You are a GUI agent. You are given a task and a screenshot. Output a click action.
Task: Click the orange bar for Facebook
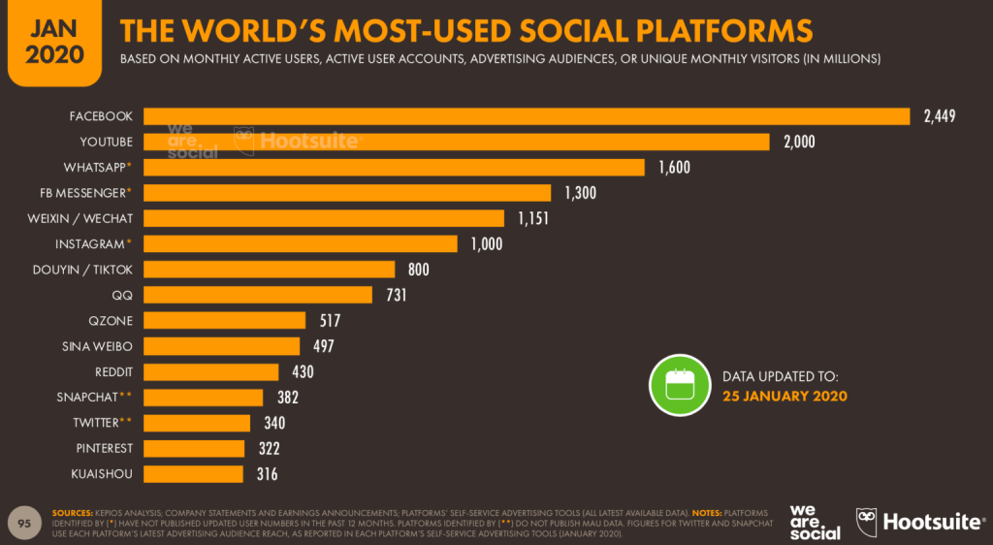pos(527,116)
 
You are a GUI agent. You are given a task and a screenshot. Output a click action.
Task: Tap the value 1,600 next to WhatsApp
pos(674,168)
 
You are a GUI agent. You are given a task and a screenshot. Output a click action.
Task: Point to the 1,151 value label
pos(532,218)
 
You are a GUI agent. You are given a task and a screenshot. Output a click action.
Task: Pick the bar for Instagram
pos(301,243)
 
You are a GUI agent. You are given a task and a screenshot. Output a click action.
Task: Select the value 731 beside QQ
pos(396,295)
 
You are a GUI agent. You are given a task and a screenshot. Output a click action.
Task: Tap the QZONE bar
pos(225,320)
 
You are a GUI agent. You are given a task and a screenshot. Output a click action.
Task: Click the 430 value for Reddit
pos(302,371)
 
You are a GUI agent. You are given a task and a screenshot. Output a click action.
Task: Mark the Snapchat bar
pos(204,397)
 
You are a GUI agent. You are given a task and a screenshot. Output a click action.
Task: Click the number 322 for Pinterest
pos(269,448)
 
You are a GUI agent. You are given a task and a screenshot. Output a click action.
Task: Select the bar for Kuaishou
pos(194,473)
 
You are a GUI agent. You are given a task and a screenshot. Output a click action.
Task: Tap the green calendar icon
pos(679,384)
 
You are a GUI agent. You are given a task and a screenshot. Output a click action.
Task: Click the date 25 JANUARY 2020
pos(785,396)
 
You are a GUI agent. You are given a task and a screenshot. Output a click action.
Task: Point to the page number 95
pos(25,522)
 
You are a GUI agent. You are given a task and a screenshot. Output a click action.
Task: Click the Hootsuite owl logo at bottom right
pos(867,522)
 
